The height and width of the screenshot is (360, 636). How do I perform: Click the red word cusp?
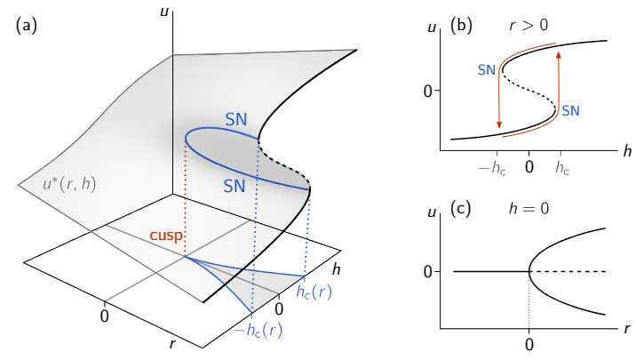tap(166, 235)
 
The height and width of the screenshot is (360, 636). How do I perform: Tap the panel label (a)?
tap(27, 25)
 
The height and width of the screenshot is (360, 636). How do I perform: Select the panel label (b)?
tap(461, 25)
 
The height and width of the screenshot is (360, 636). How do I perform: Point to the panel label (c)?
tap(461, 209)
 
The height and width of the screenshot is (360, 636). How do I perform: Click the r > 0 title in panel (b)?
tap(529, 26)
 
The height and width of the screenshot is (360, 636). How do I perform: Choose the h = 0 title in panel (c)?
tap(529, 209)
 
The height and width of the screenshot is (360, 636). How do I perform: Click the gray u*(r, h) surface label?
tap(70, 185)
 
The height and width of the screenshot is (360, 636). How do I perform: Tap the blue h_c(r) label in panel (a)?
tap(314, 292)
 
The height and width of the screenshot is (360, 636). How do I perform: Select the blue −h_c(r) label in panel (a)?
tap(258, 331)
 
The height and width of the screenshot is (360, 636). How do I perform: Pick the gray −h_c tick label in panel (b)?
tap(493, 168)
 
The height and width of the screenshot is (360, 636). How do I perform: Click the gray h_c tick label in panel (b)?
tap(562, 168)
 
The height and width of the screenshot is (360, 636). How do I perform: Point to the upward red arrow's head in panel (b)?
tap(559, 55)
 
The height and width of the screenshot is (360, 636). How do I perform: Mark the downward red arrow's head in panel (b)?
tap(499, 124)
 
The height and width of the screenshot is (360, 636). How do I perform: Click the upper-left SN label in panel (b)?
tap(487, 70)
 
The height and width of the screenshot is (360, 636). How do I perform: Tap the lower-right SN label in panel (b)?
tap(570, 111)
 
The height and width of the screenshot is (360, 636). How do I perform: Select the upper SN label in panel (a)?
tap(236, 120)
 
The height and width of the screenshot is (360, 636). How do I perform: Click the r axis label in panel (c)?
tap(628, 328)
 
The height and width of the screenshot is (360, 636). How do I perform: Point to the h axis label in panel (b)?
tap(627, 151)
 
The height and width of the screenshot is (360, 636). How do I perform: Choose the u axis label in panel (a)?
tap(164, 12)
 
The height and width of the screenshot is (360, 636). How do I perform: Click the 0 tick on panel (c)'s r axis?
tap(529, 345)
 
